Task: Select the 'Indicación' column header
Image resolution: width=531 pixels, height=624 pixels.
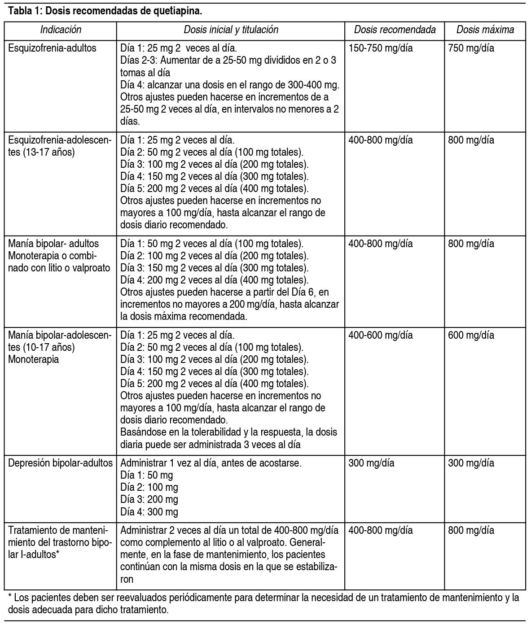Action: (61, 30)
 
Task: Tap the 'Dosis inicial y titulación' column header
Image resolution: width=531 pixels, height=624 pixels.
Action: (231, 30)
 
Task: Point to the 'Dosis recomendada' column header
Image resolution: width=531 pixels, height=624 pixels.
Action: (395, 30)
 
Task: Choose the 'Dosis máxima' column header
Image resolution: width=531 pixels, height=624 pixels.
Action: (485, 30)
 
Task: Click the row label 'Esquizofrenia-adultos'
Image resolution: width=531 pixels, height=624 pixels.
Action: (52, 48)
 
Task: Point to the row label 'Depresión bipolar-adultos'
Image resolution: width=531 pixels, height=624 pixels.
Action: (60, 463)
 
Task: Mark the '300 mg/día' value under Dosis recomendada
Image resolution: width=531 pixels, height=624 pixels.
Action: (371, 463)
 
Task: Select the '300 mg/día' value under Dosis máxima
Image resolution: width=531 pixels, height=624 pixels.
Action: (471, 463)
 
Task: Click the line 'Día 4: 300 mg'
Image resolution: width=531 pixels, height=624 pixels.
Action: (149, 512)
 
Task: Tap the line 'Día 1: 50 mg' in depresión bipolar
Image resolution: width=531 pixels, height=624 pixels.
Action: (146, 476)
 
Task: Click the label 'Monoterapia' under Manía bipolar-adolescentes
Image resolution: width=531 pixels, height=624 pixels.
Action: (33, 360)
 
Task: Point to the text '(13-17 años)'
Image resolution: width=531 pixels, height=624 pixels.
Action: (41, 152)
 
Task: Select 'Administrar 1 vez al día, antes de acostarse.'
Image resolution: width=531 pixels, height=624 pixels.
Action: (211, 463)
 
